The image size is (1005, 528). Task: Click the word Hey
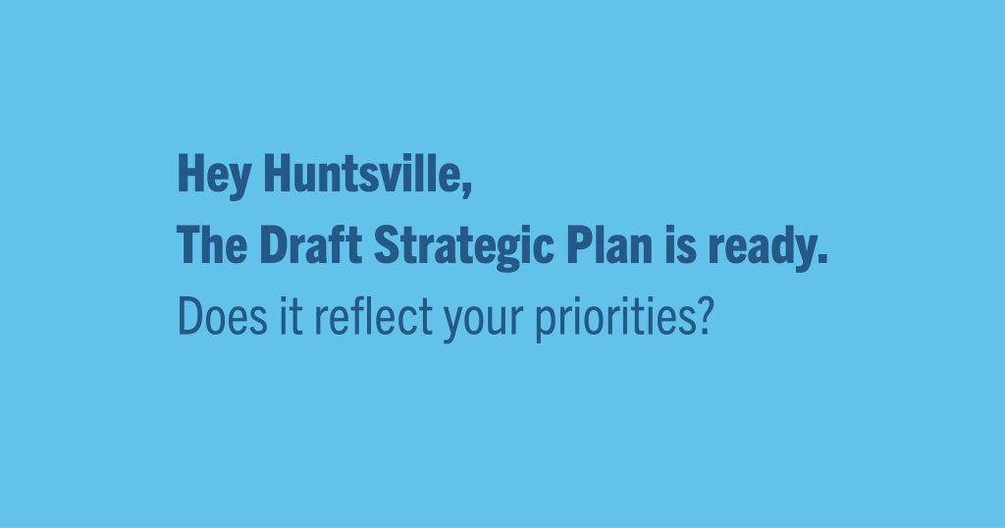click(213, 175)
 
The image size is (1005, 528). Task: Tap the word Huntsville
click(361, 173)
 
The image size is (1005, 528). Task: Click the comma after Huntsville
click(466, 189)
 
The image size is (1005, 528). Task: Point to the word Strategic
click(463, 247)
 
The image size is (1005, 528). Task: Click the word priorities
click(615, 319)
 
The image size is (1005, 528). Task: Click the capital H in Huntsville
click(276, 173)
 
